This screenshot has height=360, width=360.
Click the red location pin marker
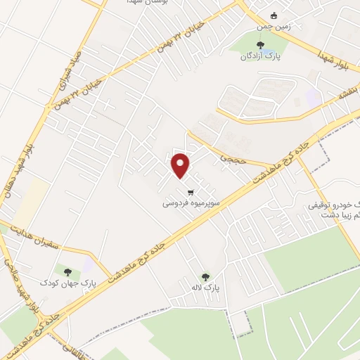pos(181,165)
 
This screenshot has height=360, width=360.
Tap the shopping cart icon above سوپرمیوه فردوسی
pos(191,192)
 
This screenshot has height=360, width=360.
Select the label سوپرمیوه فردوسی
pos(188,203)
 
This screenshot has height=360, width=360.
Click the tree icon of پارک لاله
pos(205,277)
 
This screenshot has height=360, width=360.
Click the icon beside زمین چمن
pos(275,17)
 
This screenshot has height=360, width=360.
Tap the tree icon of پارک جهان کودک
pos(67,271)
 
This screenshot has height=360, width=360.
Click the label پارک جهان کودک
pos(67,282)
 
